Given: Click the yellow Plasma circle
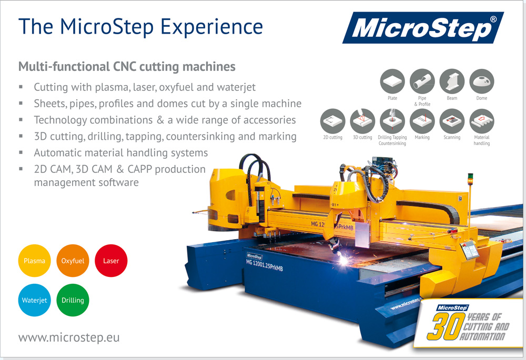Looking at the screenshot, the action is tap(34, 261).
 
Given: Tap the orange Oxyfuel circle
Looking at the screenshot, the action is tap(73, 261).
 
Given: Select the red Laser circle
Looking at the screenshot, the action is tap(111, 261).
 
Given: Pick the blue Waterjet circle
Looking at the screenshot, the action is tap(34, 300).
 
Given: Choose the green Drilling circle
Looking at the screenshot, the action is tap(73, 300).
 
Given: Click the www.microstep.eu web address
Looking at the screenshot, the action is tap(69, 337).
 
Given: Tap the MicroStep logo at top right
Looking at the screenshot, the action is tap(423, 28).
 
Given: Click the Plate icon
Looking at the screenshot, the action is tap(392, 81).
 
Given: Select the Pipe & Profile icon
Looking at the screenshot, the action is tap(422, 81).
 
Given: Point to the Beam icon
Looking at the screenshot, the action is tap(452, 81).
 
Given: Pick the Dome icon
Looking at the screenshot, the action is tap(482, 81).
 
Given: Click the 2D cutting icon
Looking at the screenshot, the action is tap(333, 121).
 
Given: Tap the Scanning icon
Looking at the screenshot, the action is tap(452, 121).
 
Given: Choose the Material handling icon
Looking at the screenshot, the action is tap(482, 121).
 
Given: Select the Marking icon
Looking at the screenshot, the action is tap(422, 121).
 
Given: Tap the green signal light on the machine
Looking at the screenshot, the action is tap(470, 176).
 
